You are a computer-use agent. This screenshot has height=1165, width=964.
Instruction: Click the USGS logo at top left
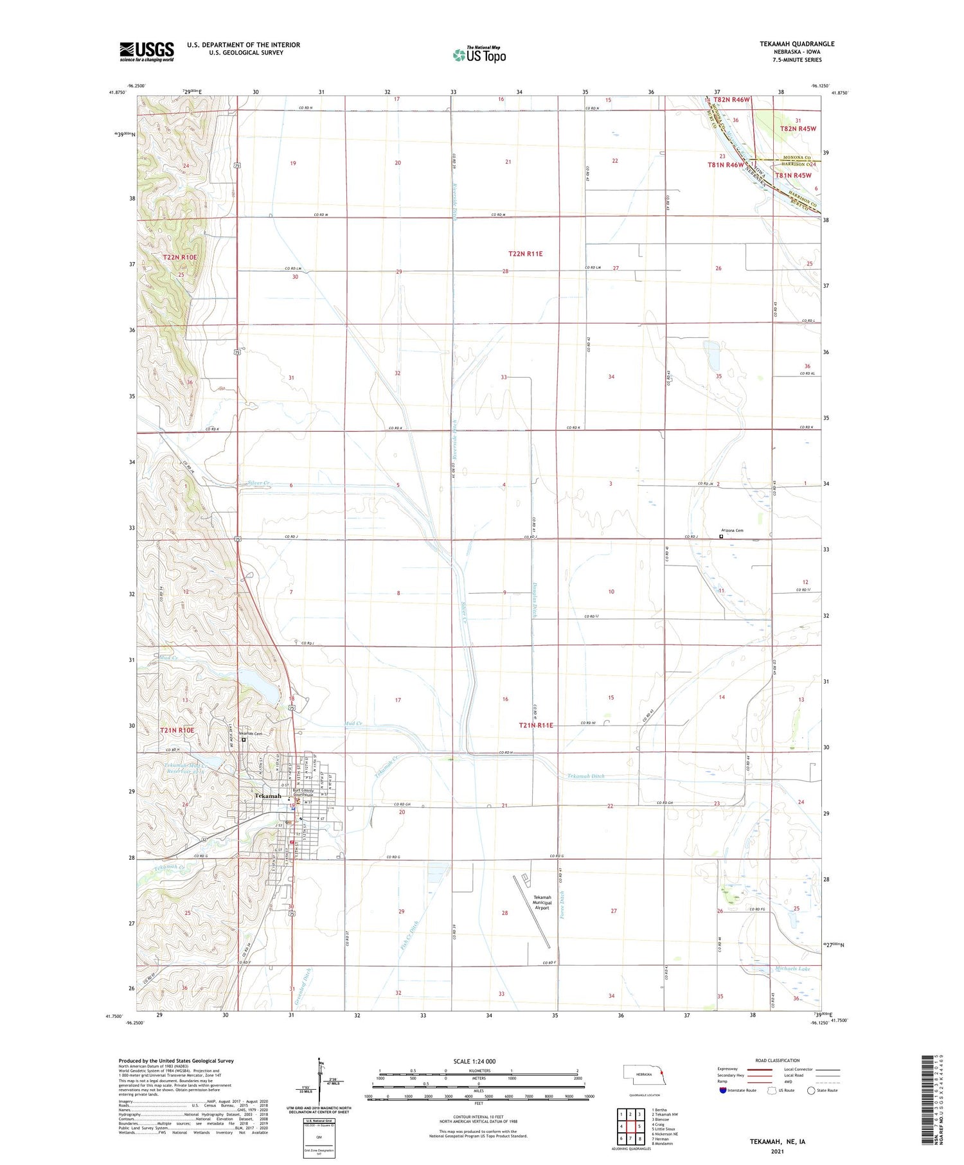pos(147,51)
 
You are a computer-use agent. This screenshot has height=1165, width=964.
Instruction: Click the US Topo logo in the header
pos(479,55)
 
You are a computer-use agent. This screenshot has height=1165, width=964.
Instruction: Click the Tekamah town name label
pos(268,796)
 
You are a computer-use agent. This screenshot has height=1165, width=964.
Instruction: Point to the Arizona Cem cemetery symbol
pos(721,537)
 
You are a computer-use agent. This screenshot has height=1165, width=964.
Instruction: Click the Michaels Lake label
pos(792,968)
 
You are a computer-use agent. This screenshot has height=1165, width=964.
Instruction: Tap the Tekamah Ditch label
pos(585,776)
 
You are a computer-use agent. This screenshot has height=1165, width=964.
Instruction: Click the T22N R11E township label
pos(525,254)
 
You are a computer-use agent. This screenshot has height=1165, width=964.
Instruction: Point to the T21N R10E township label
pos(177,730)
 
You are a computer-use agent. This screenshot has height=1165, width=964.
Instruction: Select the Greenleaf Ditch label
pos(303,986)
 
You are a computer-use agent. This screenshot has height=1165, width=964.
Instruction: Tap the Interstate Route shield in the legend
pos(723,1090)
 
